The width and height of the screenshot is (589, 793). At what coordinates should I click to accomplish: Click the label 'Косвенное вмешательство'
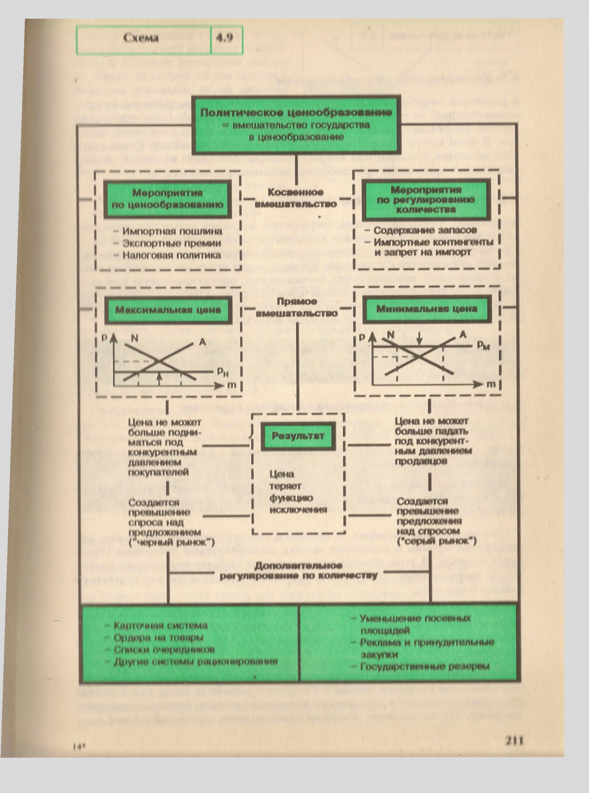coord(296,198)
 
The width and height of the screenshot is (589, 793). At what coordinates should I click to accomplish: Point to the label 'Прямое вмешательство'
coord(297,307)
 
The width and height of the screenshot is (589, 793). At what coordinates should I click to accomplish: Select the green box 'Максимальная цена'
coord(168,309)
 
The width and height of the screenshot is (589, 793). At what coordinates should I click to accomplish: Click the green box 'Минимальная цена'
coord(426,309)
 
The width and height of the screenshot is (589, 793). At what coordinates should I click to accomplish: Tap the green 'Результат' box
coord(298,436)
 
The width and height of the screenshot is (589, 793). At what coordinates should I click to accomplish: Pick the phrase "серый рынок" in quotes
coord(436,541)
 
